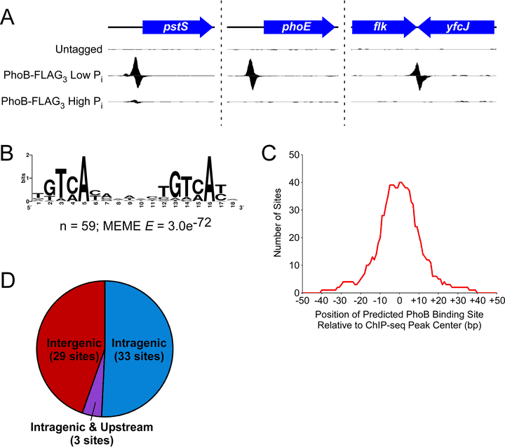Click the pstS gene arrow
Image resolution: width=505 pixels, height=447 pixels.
177,27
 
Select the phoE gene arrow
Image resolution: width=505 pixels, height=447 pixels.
299,27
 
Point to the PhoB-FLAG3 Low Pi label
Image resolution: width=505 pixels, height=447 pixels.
53,74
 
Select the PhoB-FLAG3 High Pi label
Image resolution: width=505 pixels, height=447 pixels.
52,101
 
